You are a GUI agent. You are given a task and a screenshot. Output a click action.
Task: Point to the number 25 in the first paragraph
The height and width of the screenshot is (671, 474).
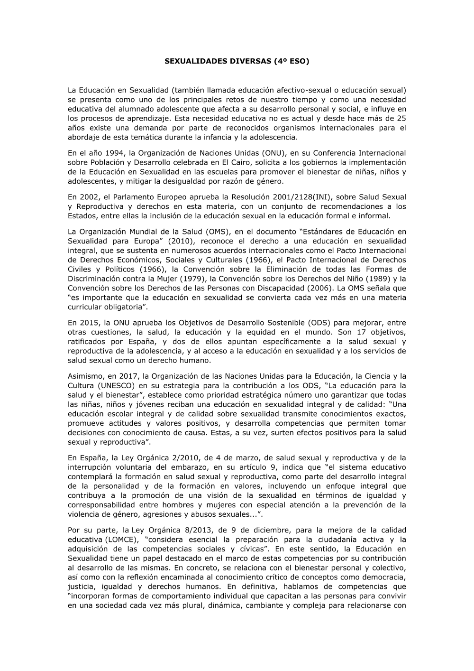[x=401, y=118]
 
